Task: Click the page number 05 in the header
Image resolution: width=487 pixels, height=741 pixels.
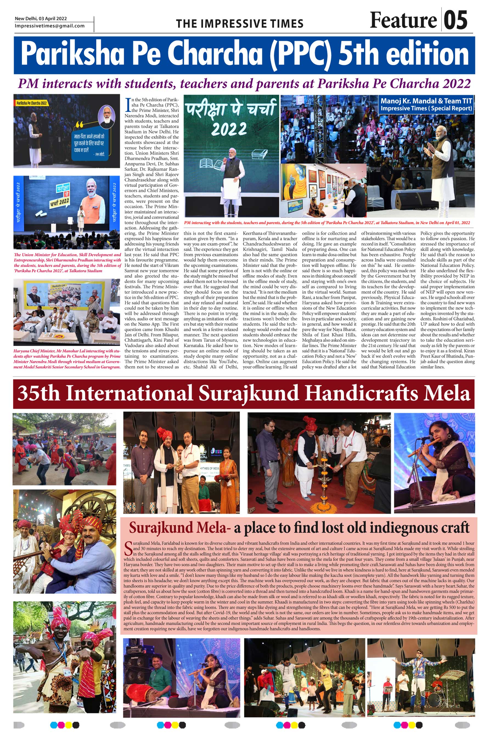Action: (x=455, y=20)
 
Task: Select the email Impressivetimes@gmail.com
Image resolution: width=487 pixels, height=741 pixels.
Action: (x=50, y=26)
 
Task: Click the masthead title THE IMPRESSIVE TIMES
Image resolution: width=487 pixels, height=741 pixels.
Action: (x=240, y=24)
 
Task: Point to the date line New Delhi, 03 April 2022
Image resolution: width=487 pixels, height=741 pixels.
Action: (x=41, y=19)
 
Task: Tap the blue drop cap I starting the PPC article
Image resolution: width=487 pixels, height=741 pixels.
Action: (x=127, y=105)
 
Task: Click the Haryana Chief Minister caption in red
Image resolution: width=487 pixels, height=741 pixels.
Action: (x=67, y=359)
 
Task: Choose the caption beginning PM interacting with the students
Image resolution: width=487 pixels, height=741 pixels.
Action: (x=327, y=223)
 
